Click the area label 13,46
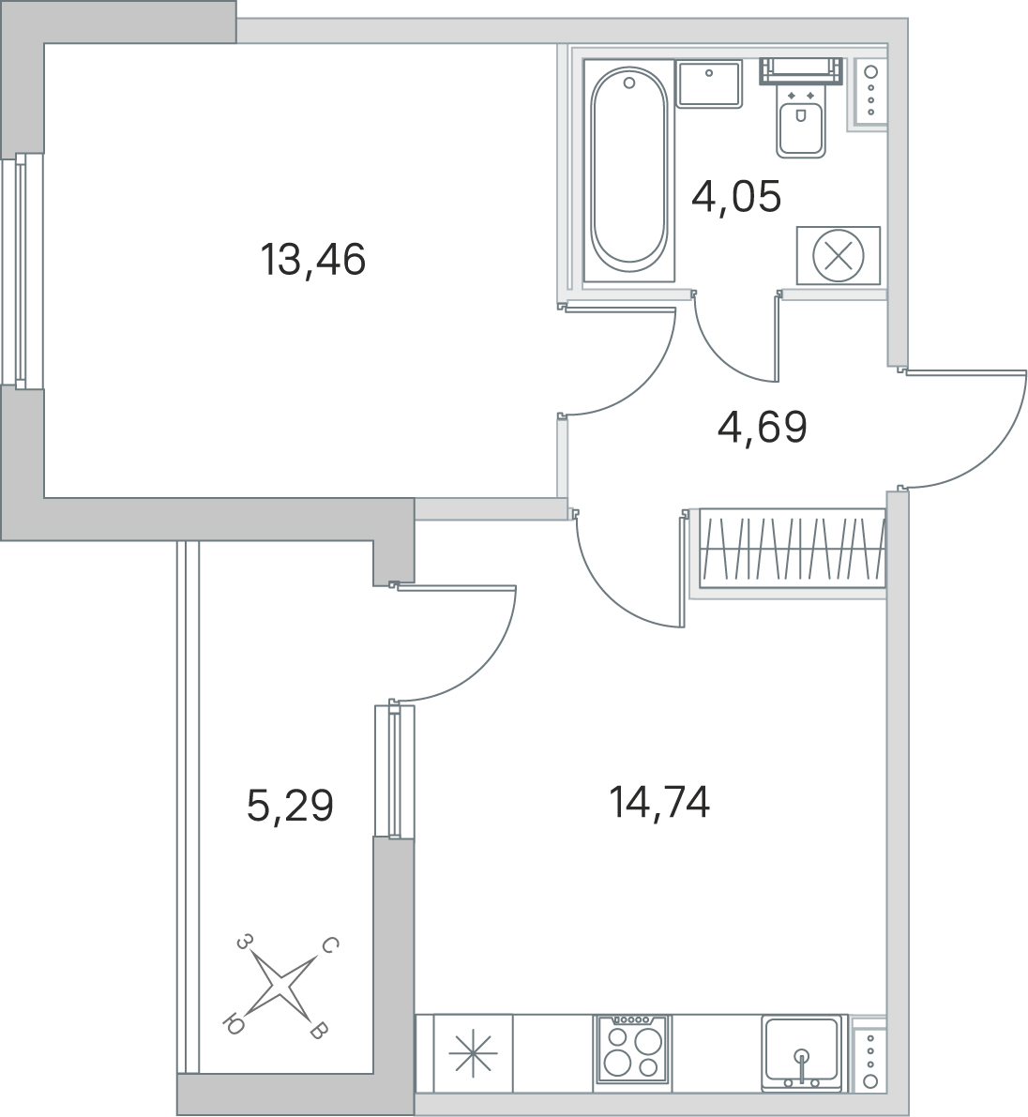(312, 260)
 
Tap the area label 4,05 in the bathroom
(736, 197)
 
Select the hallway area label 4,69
(763, 428)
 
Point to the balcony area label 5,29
(290, 807)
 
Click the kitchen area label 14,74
(659, 803)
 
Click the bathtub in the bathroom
(629, 170)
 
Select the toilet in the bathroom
(801, 108)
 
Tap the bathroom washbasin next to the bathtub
(709, 83)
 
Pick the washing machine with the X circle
(839, 255)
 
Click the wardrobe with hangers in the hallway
(793, 548)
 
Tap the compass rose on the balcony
(282, 988)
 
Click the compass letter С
(329, 946)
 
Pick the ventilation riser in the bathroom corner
(867, 90)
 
